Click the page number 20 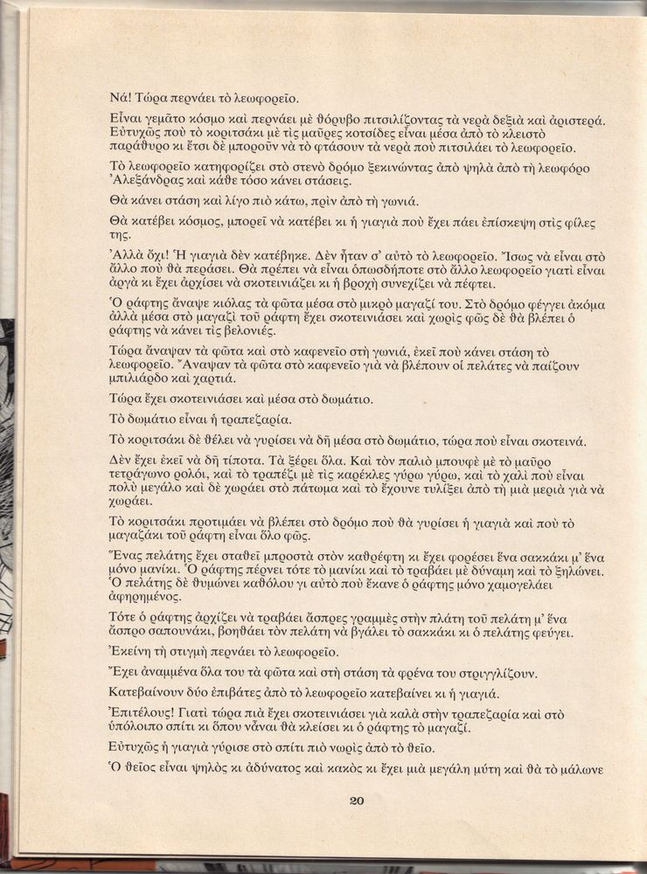(356, 801)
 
